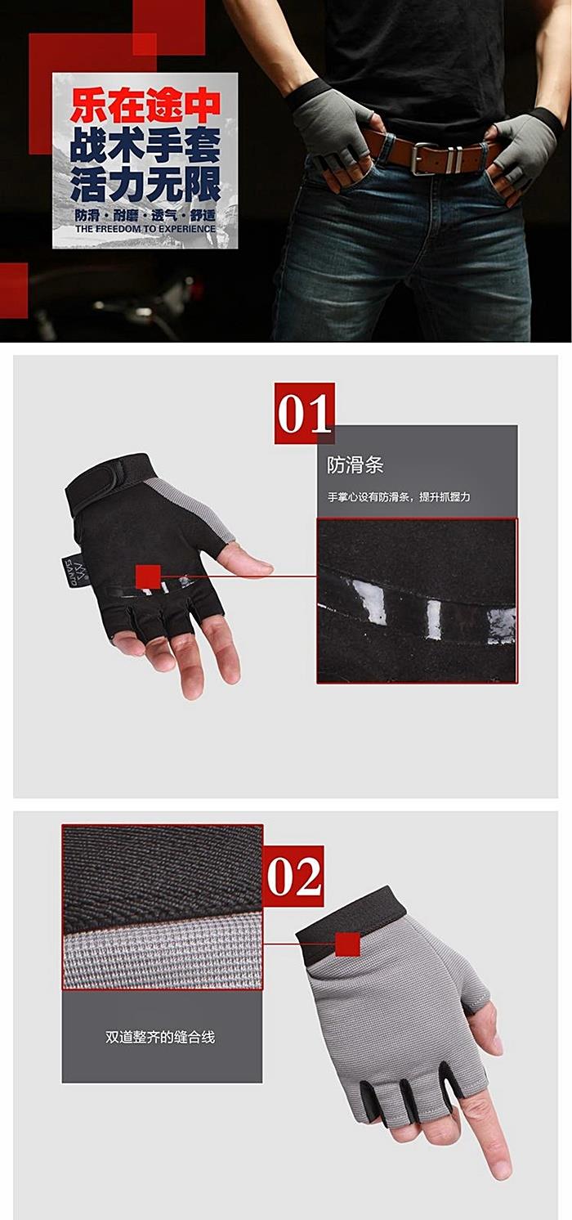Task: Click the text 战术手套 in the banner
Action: [x=145, y=146]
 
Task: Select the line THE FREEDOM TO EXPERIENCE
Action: [x=145, y=229]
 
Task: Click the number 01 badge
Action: [x=304, y=414]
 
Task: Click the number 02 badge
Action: [x=294, y=877]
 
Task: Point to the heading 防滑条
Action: [x=355, y=465]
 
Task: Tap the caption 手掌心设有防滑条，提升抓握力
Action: [x=399, y=497]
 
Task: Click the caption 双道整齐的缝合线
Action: [x=160, y=1037]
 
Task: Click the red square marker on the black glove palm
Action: [x=148, y=577]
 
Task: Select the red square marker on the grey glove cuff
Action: [x=348, y=944]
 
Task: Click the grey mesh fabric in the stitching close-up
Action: [x=163, y=950]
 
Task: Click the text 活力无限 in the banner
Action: [x=145, y=184]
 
